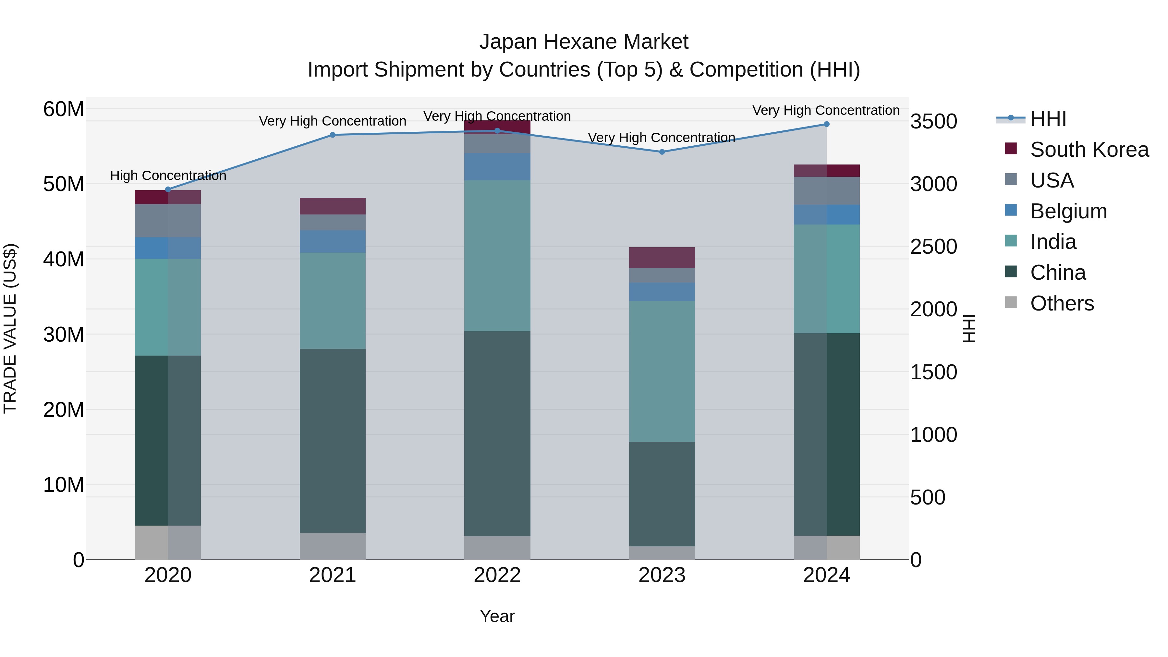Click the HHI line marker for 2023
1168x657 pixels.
click(662, 152)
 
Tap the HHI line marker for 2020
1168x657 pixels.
click(168, 189)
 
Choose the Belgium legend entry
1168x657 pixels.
click(1068, 211)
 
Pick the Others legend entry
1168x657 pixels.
click(1062, 303)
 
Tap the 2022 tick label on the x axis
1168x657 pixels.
click(497, 575)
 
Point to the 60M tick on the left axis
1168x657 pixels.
click(64, 109)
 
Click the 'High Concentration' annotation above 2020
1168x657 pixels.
click(168, 176)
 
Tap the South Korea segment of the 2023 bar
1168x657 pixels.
click(662, 258)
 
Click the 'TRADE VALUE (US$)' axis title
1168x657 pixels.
click(10, 328)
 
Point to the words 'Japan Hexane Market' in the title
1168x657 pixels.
click(584, 42)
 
